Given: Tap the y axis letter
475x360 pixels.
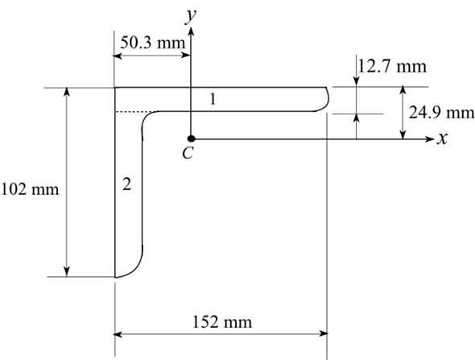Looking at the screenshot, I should click(x=191, y=14).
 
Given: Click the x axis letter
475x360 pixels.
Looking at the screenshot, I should click(x=441, y=139).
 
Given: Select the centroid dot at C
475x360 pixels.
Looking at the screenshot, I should click(x=191, y=139).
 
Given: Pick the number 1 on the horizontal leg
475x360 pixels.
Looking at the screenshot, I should click(x=213, y=100).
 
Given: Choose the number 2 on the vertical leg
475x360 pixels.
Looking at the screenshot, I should click(x=126, y=185).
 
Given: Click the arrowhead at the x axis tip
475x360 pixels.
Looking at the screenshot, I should click(x=429, y=139).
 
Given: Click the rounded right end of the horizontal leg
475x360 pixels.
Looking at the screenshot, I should click(x=329, y=97).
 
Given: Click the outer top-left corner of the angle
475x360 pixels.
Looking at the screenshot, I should click(x=116, y=88).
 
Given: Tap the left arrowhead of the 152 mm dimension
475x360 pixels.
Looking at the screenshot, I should click(x=121, y=332).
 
